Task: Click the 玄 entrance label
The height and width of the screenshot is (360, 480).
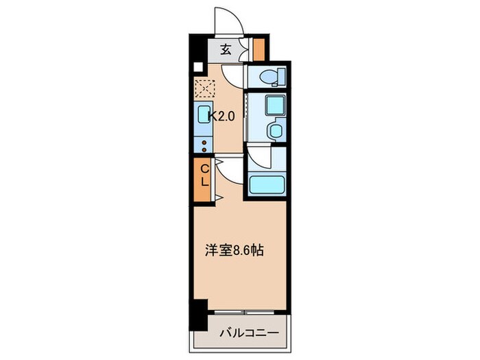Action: pos(226,49)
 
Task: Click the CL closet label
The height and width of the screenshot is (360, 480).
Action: pos(204,176)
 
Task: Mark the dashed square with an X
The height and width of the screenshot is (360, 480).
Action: pos(204,88)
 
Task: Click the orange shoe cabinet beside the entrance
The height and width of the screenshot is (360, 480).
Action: pos(259,49)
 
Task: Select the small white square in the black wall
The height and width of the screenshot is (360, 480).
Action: pos(197,67)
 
